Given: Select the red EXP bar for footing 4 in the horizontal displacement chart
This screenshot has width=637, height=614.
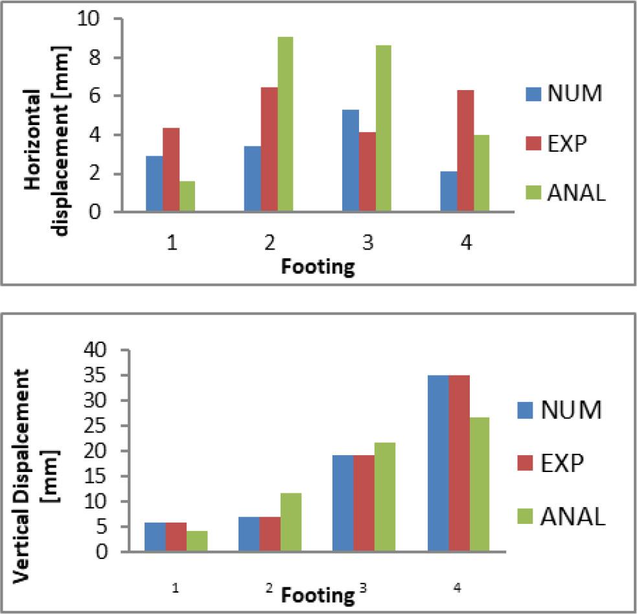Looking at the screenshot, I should click(465, 151).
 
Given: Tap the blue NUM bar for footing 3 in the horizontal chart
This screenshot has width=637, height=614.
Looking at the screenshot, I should click(351, 161).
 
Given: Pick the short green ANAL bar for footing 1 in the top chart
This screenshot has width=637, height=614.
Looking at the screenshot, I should click(187, 196).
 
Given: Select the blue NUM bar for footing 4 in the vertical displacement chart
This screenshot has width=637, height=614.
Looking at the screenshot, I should click(438, 464).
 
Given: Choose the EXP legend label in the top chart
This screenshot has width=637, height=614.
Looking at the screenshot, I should click(567, 143).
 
